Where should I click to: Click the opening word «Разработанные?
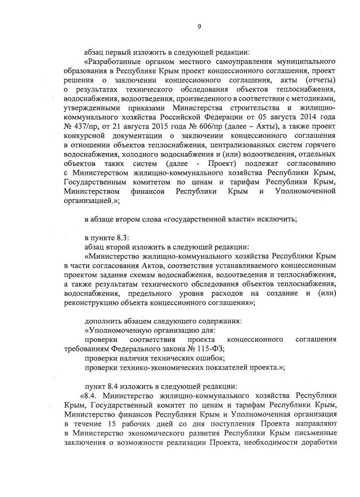pos(111,61)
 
